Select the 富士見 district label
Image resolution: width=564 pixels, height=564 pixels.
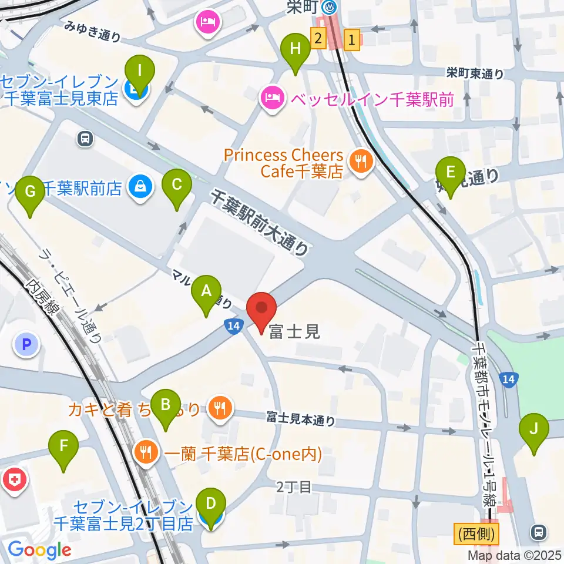(x=294, y=332)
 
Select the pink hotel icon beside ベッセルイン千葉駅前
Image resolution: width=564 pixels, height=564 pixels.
(x=272, y=95)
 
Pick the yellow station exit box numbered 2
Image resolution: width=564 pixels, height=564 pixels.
(x=318, y=39)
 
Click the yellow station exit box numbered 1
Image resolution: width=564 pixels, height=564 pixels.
(x=351, y=40)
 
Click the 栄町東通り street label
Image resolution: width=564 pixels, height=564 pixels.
(x=475, y=73)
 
